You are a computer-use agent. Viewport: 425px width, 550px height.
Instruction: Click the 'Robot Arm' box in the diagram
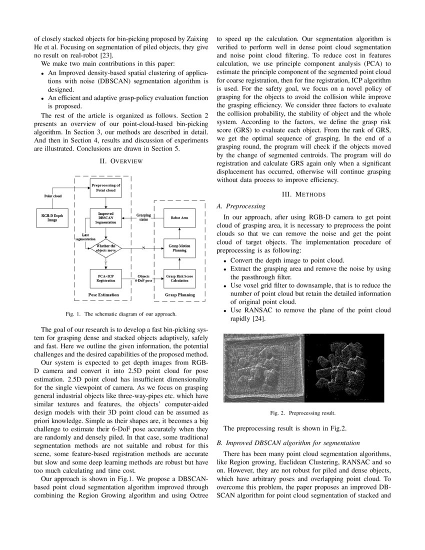click(179, 218)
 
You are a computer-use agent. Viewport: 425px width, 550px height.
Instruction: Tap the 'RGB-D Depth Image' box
click(52, 218)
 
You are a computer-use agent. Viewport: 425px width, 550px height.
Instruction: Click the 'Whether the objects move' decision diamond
click(105, 248)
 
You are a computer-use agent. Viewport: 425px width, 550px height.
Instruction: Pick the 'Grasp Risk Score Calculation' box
click(179, 278)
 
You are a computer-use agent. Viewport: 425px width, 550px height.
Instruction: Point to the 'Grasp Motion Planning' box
click(179, 248)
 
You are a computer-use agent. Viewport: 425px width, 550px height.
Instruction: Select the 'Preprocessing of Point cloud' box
click(105, 188)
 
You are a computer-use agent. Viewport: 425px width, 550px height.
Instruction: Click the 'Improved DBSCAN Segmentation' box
click(105, 218)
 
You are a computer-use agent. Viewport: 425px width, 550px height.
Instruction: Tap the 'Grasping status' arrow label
click(143, 217)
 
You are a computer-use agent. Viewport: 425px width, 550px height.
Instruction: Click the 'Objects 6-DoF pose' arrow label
click(143, 278)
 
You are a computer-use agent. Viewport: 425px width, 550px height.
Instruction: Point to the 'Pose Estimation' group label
click(103, 295)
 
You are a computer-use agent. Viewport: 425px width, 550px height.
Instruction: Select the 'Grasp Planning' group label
click(179, 295)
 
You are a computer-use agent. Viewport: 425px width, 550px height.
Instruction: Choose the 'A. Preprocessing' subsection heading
click(240, 206)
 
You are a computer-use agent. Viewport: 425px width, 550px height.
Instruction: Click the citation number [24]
click(265, 319)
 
